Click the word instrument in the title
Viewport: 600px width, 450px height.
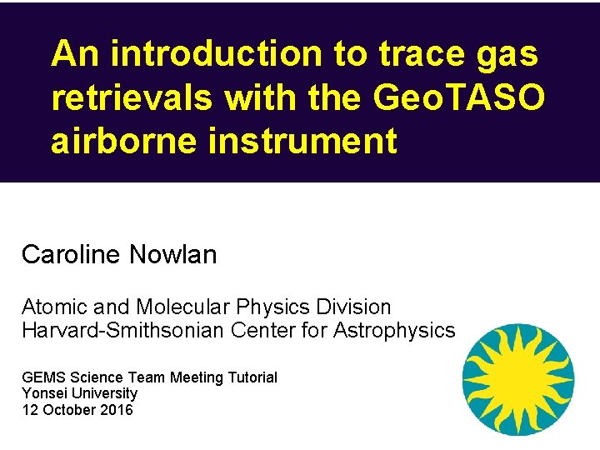(308, 141)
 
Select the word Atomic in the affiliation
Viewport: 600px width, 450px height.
(50, 307)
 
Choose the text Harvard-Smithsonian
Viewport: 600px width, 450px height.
(122, 331)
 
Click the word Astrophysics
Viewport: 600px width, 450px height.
(394, 331)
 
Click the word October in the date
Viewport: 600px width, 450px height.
(67, 409)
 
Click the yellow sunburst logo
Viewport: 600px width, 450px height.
(517, 379)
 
